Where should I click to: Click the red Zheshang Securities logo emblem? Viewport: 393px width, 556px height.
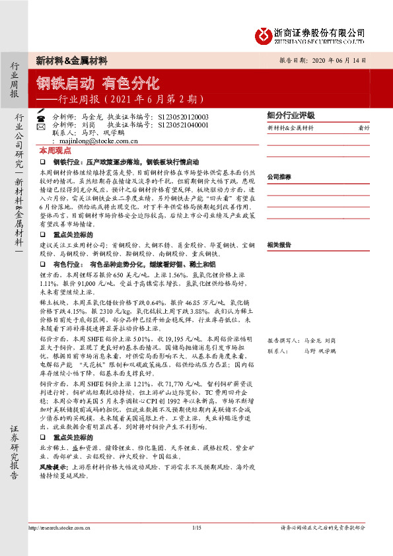click(264, 34)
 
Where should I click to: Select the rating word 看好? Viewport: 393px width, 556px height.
click(363, 127)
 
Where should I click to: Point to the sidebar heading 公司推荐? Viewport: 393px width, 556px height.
click(279, 177)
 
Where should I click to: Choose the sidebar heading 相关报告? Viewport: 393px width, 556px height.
click(279, 244)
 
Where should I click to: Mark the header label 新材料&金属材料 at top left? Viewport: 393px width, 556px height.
click(71, 60)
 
